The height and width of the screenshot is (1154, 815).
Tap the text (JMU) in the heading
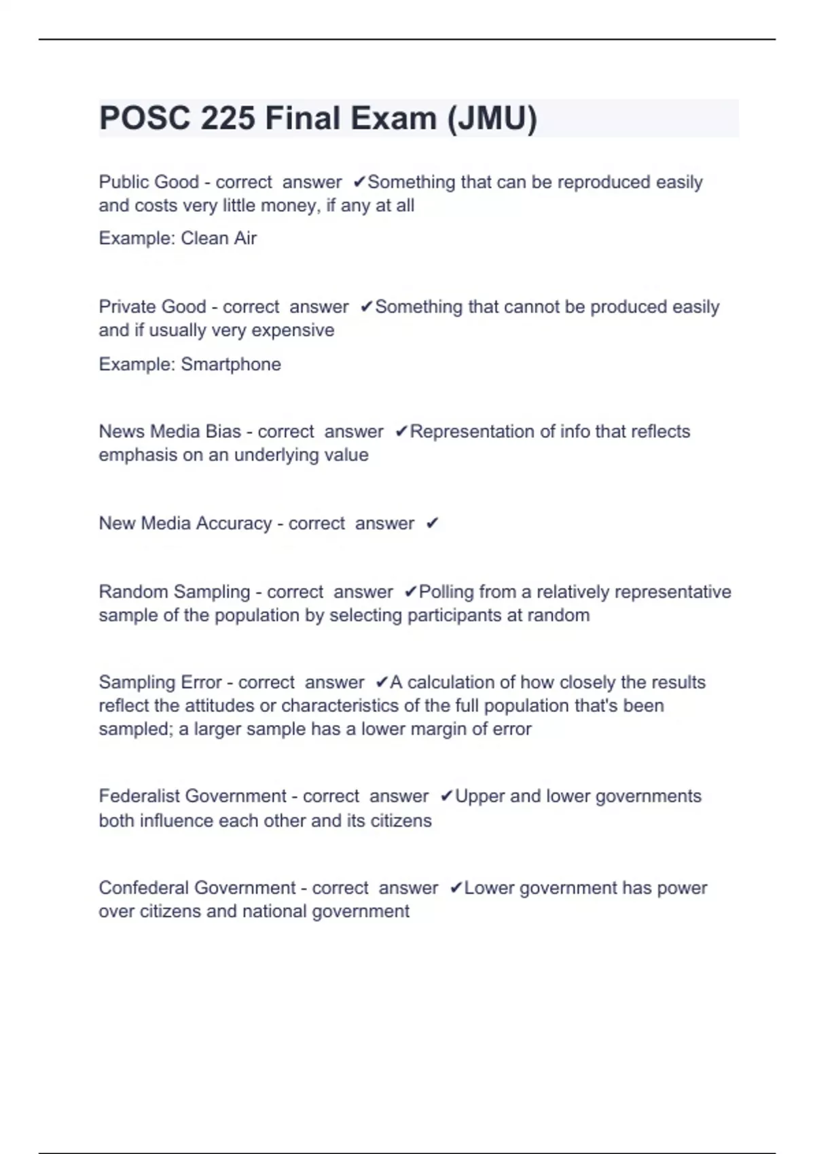tap(492, 119)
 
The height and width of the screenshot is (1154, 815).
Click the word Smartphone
tap(231, 365)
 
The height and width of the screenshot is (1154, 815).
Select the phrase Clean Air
tap(219, 238)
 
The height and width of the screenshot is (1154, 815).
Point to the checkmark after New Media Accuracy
tap(432, 523)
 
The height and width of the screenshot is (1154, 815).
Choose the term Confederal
tap(144, 888)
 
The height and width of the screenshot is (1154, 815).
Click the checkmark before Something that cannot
tap(367, 308)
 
